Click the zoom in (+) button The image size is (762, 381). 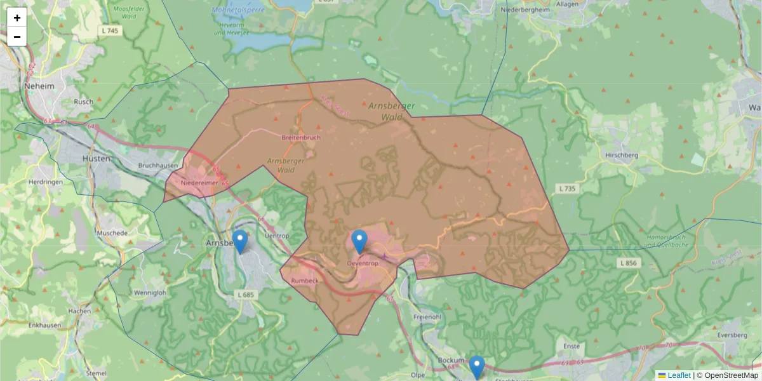click(x=17, y=18)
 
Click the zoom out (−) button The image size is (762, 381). click(x=17, y=37)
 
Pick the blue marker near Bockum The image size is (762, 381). click(x=477, y=367)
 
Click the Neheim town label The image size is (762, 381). click(x=39, y=86)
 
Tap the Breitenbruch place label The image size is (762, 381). click(x=300, y=137)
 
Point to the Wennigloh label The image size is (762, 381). click(x=150, y=293)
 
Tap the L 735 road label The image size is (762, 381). click(x=568, y=189)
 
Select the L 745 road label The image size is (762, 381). click(x=110, y=30)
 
